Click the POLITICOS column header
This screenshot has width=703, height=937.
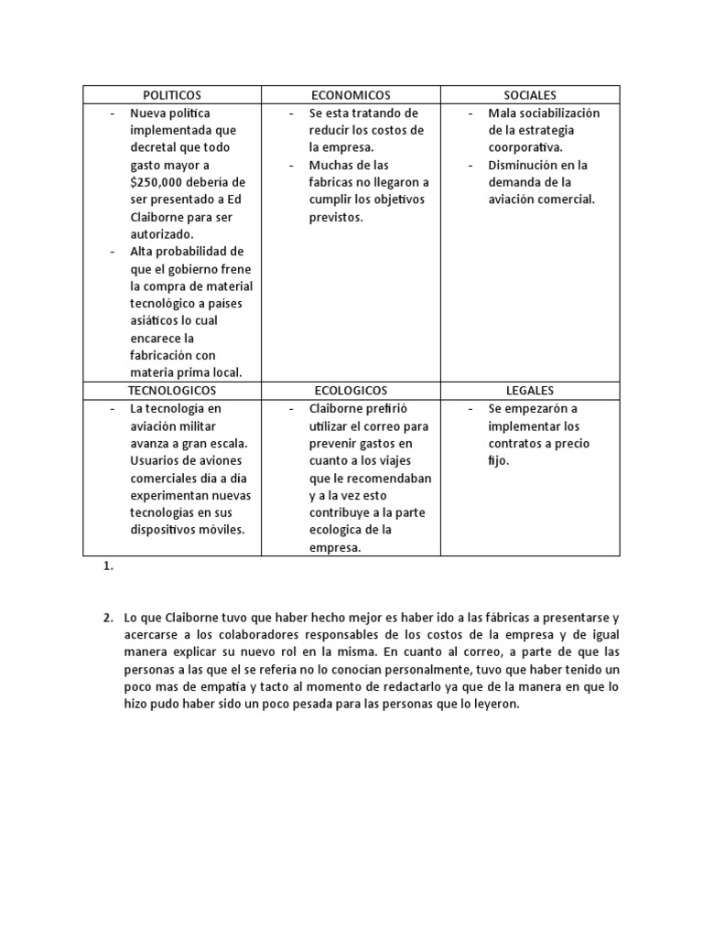[172, 95]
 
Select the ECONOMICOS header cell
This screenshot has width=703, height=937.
[351, 95]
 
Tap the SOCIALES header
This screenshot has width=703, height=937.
[530, 95]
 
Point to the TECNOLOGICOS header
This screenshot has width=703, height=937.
[172, 391]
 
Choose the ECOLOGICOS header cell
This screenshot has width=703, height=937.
[351, 391]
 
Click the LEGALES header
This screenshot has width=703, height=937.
[530, 391]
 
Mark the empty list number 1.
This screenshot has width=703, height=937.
[108, 567]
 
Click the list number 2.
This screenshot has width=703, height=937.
[108, 618]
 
